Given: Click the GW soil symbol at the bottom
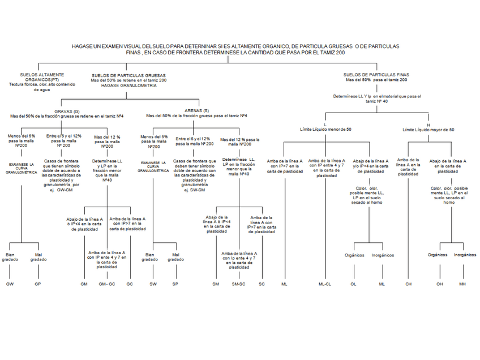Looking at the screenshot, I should [10, 283].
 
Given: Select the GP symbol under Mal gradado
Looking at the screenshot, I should [38, 283].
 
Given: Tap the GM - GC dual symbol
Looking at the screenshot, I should [107, 283].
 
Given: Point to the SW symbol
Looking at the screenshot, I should [153, 283].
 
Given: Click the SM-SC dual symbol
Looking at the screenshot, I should [238, 283].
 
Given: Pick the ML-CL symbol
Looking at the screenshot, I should [325, 283].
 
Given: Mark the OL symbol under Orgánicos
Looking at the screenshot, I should [354, 283].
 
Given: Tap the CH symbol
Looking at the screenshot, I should [408, 283].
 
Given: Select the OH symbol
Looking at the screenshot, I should [439, 283].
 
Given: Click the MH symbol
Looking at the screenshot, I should [462, 283].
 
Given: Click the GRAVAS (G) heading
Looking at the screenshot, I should [67, 111].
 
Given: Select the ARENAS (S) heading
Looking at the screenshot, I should [197, 111].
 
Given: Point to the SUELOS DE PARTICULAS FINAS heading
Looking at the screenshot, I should [376, 75].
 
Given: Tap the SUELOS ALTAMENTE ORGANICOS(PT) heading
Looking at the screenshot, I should [42, 77].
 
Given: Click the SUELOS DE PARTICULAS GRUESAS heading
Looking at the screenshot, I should [128, 75].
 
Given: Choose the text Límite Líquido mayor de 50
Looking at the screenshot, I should [428, 130].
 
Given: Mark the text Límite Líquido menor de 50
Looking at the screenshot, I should [325, 130].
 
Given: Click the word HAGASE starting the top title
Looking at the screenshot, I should [83, 46].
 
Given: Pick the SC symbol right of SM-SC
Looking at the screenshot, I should [262, 283].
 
